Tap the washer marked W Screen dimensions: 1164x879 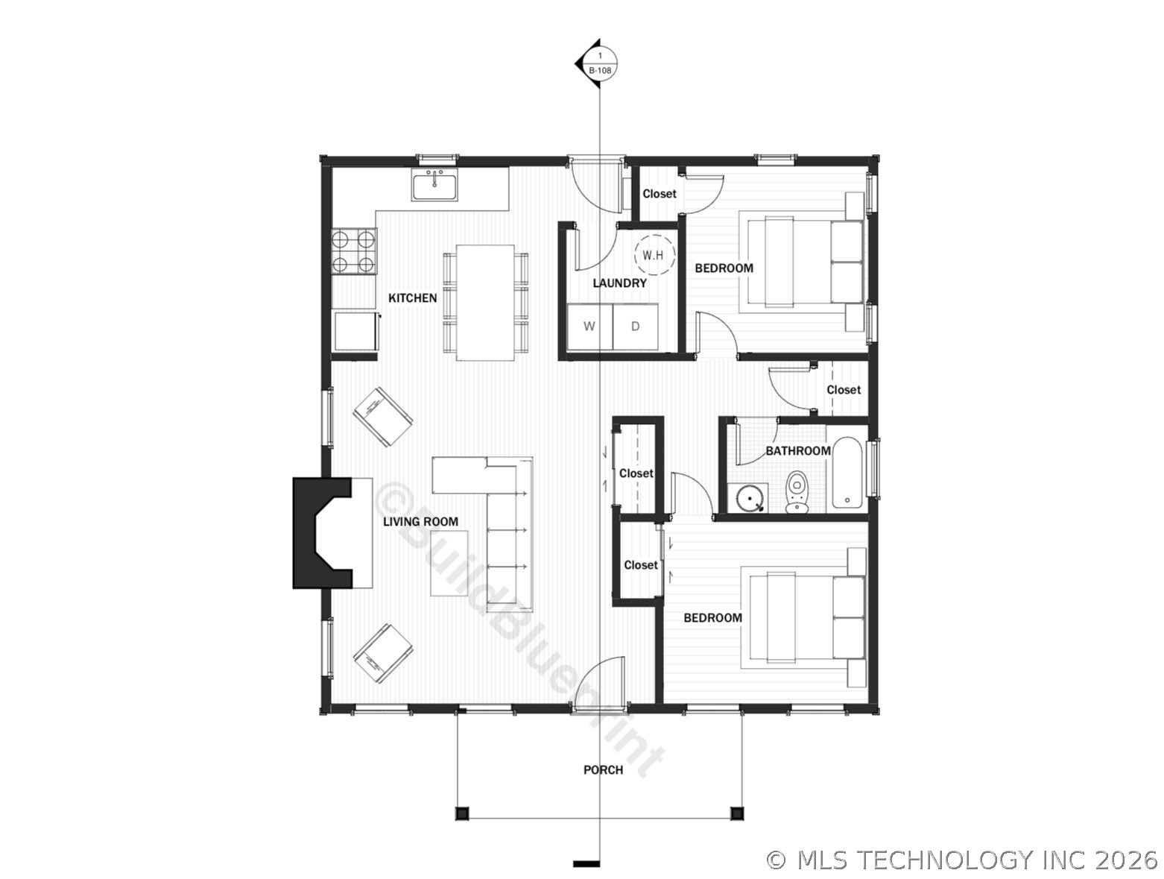click(x=589, y=327)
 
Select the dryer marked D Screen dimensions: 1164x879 click(x=636, y=327)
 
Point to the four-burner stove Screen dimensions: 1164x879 click(x=354, y=251)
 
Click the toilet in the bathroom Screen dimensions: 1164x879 click(x=797, y=492)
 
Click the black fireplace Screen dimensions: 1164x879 click(x=322, y=532)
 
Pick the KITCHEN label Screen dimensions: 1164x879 click(x=413, y=298)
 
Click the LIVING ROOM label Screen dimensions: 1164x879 click(x=420, y=521)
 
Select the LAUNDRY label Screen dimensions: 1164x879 click(x=619, y=283)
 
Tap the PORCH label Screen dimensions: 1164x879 click(x=603, y=769)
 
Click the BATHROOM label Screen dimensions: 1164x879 click(x=798, y=451)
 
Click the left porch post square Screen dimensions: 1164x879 click(x=463, y=813)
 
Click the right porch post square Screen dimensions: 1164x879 click(x=736, y=813)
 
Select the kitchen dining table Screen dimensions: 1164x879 click(x=485, y=303)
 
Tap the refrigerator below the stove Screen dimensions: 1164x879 click(x=356, y=332)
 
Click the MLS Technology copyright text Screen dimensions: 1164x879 click(x=961, y=860)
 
